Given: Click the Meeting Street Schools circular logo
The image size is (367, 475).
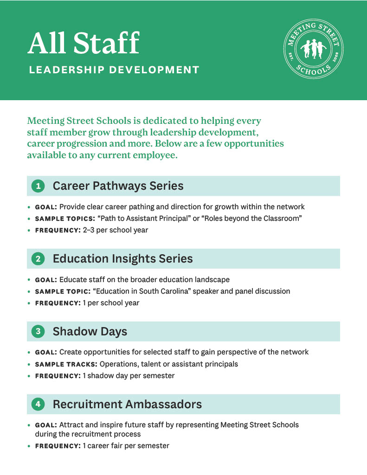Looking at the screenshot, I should tap(314, 49).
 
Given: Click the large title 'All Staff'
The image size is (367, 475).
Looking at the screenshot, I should tap(84, 44).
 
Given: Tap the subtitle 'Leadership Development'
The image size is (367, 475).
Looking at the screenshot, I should tap(114, 71).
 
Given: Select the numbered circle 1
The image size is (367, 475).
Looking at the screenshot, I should tap(38, 186).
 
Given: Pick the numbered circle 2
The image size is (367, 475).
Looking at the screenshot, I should tap(38, 259).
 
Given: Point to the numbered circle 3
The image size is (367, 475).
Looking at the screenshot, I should tap(38, 332).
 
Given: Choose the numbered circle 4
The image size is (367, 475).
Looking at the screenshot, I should tap(38, 404).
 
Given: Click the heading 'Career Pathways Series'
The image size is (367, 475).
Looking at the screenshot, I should tap(118, 186).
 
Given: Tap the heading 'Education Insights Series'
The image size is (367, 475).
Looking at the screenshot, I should tap(122, 258).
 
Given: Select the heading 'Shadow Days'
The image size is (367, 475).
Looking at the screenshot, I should tap(90, 331).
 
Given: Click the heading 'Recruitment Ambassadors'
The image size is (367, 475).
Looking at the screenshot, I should tap(127, 404).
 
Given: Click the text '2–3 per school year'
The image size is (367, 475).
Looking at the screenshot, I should tap(116, 230).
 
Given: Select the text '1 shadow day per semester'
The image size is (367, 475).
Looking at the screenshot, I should tap(129, 376).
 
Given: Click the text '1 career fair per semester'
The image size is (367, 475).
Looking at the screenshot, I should tap(126, 446).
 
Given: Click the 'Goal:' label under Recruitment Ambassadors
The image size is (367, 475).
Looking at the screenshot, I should tap(46, 425).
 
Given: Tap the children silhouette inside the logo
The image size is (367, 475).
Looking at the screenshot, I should tap(314, 48).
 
